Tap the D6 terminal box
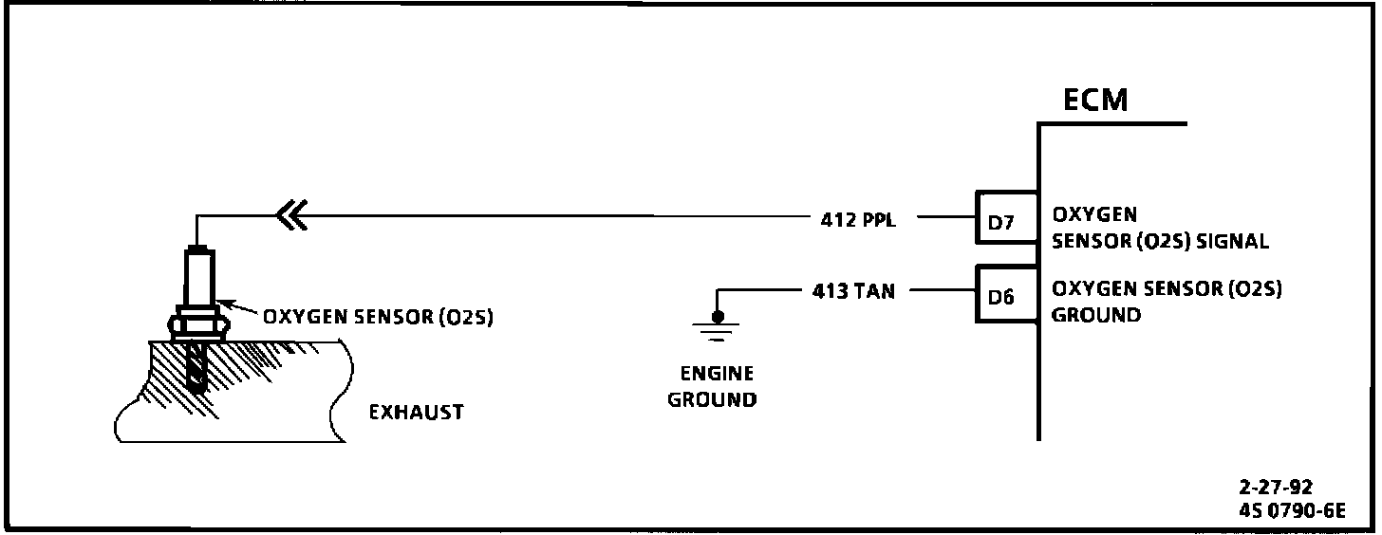(x=1006, y=295)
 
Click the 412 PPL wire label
(x=857, y=220)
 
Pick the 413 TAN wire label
(x=853, y=291)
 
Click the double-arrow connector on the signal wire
(x=289, y=218)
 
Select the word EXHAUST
(x=417, y=413)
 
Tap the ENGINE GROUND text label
(x=712, y=386)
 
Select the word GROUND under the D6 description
(x=1096, y=315)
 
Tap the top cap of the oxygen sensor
(x=196, y=249)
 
